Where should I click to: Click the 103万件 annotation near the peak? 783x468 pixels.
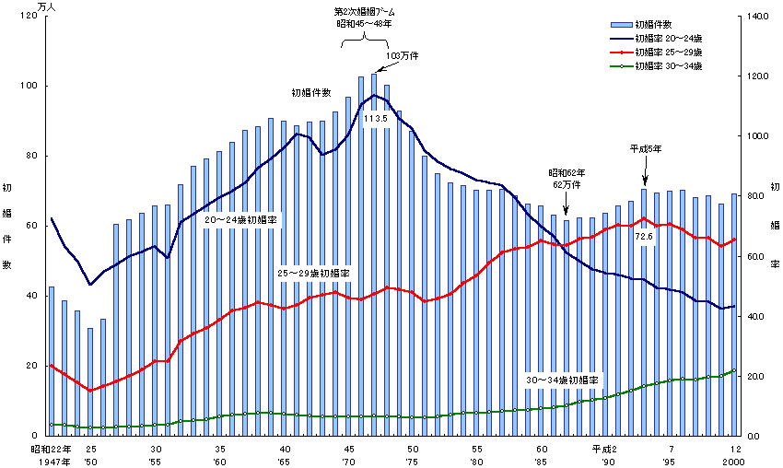(402, 56)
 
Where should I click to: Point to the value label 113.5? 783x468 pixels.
(375, 118)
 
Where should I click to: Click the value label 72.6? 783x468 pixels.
(644, 237)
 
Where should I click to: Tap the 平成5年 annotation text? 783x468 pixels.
(645, 148)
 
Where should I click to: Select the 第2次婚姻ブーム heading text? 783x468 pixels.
(365, 12)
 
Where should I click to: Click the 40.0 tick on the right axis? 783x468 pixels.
(754, 316)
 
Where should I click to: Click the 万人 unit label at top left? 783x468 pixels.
(46, 6)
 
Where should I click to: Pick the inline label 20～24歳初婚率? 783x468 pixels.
(240, 220)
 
